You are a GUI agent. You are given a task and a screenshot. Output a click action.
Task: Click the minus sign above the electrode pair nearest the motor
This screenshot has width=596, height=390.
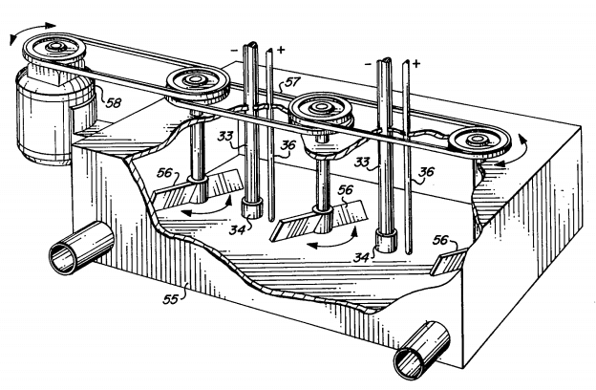(x=233, y=48)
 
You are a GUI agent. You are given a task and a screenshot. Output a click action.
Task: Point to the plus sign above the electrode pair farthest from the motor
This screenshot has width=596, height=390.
(x=415, y=65)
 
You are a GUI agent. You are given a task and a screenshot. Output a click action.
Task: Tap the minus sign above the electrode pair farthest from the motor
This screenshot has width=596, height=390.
(x=369, y=65)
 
